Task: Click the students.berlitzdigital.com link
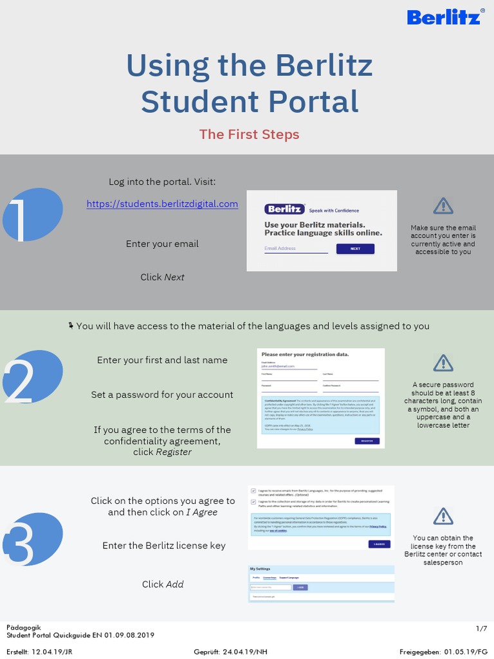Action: coord(162,204)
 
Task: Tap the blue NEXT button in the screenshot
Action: coord(355,248)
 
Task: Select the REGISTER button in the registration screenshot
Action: coord(367,441)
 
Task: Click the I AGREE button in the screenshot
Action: coord(380,544)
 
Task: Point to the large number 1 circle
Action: coord(32,215)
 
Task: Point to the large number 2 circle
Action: coord(32,377)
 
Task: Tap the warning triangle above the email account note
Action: coord(443,206)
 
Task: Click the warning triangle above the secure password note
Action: coord(443,362)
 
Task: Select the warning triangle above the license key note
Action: coord(443,516)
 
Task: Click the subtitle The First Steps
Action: coord(249,135)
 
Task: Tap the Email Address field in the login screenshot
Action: coord(295,248)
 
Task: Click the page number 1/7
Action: coord(481,627)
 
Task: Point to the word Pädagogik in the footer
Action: coord(22,627)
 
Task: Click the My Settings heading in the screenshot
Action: coord(260,569)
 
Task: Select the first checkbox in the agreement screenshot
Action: coord(253,490)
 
